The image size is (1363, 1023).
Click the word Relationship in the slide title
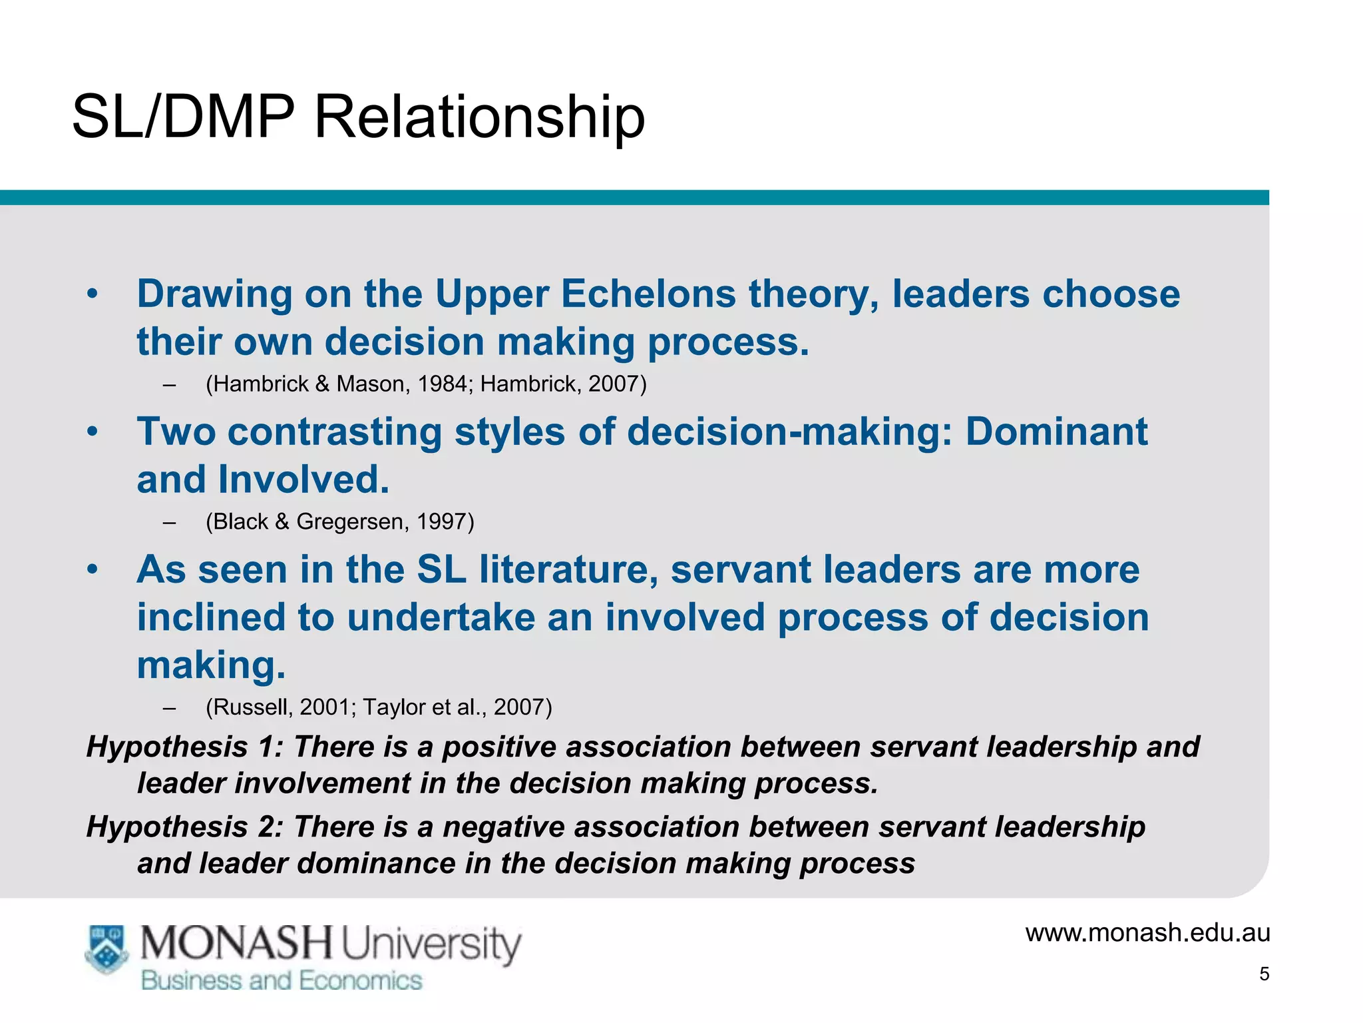click(479, 117)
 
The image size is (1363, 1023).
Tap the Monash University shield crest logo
click(106, 948)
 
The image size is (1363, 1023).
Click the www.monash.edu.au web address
click(1147, 932)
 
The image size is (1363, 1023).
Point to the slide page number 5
click(1265, 974)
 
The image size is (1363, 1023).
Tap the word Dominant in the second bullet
click(1056, 432)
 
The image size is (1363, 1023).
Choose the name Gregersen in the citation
click(350, 521)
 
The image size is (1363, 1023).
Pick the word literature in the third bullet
click(568, 570)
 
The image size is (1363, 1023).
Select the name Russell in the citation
click(251, 707)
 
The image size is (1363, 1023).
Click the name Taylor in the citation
click(393, 707)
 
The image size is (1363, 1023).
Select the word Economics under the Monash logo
click(360, 980)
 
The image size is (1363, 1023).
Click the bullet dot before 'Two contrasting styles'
click(93, 432)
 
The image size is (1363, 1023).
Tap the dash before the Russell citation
click(169, 707)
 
